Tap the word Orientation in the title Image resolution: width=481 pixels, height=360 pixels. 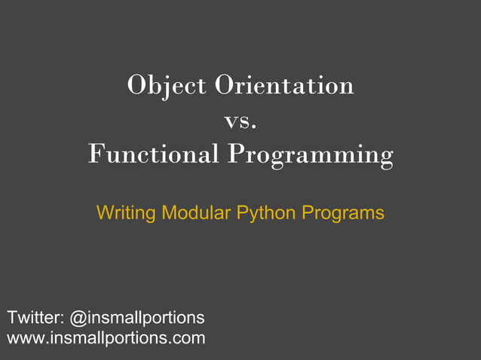(x=284, y=85)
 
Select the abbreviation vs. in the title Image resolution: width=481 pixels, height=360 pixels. (x=240, y=120)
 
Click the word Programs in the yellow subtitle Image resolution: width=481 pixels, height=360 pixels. (x=342, y=214)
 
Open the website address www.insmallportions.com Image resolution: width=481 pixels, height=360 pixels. (x=106, y=337)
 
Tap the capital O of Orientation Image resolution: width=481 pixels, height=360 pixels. (x=225, y=85)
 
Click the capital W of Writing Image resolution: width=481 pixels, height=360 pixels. (x=105, y=213)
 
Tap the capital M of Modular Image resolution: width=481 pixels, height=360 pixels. (x=169, y=212)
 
